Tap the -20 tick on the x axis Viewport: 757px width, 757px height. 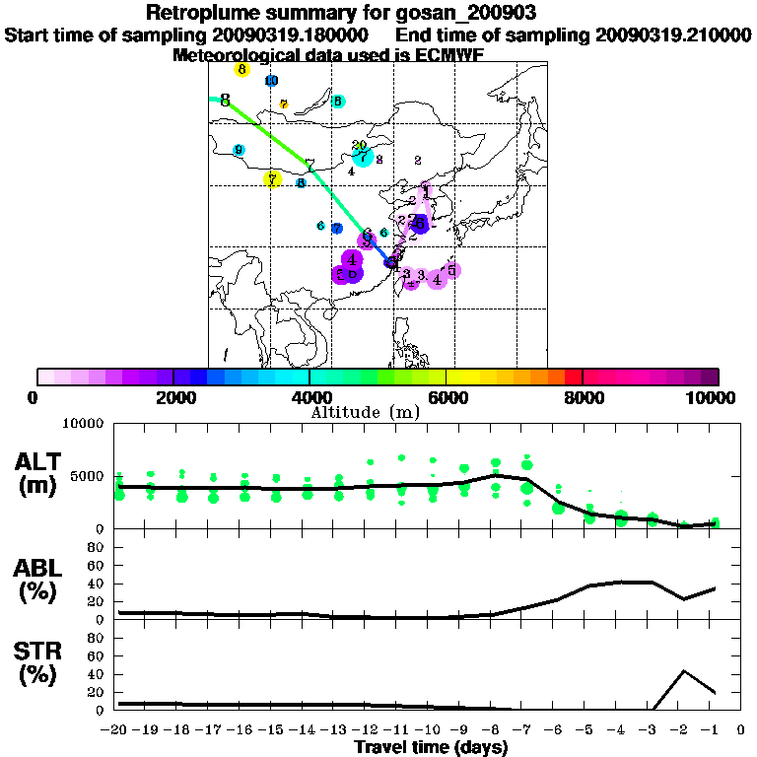click(x=116, y=730)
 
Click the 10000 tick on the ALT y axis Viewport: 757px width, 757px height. click(x=83, y=425)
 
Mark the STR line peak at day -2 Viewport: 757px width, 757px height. click(x=683, y=671)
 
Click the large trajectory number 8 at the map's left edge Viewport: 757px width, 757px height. click(x=226, y=101)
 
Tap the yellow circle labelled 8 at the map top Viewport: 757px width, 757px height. click(x=241, y=69)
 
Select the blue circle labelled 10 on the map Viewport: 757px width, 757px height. click(x=271, y=81)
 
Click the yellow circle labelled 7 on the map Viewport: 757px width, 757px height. click(x=272, y=178)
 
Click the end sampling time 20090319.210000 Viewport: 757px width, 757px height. click(x=673, y=34)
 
